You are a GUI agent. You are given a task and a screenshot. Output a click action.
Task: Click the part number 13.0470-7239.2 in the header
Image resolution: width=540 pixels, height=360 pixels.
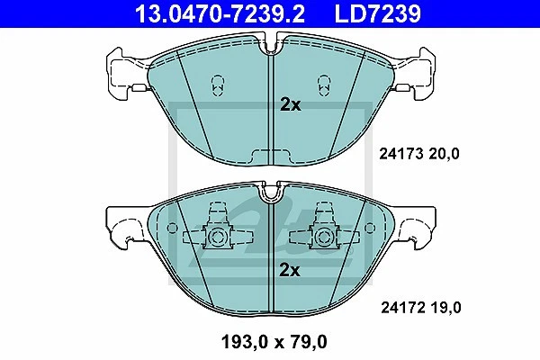[x=220, y=13]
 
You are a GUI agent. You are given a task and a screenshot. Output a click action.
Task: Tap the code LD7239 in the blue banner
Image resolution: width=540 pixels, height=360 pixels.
[x=378, y=13]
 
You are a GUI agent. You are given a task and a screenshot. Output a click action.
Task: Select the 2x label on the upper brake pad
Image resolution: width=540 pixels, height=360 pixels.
[x=291, y=104]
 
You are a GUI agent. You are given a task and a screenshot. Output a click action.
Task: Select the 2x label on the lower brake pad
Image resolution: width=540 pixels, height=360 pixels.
[x=290, y=270]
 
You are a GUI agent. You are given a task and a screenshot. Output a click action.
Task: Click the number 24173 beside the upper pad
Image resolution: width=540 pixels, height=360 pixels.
[x=400, y=154]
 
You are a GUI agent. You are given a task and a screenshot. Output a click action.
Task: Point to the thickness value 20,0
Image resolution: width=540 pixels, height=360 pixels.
[x=444, y=154]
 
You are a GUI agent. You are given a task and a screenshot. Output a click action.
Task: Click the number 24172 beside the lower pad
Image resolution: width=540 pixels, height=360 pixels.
[x=402, y=307]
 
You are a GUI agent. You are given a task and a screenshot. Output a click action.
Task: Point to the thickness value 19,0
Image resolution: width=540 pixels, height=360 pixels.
[x=445, y=308]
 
